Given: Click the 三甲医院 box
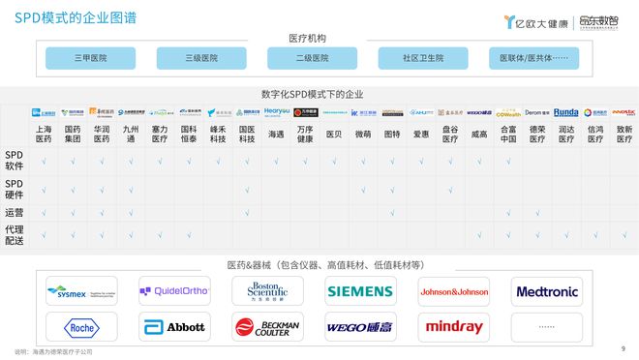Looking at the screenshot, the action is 90,58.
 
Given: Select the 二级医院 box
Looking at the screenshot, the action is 312,58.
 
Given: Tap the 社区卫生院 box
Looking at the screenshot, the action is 423,58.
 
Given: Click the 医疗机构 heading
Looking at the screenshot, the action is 307,38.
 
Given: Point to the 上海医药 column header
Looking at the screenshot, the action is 44,133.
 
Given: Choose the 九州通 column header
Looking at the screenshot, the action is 131,133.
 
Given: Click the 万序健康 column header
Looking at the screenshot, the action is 305,133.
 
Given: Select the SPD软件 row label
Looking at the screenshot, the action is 15,159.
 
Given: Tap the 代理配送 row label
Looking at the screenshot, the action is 15,235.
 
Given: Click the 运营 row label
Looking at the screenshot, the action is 15,211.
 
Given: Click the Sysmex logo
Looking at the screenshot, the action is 81,290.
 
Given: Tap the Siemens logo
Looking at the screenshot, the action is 359,290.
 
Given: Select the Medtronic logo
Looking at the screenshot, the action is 547,290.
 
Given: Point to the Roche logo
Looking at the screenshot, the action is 81,327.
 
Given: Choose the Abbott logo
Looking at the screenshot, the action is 174,327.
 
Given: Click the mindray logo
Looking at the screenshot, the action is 453,327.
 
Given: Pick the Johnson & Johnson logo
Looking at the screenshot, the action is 453,290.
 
